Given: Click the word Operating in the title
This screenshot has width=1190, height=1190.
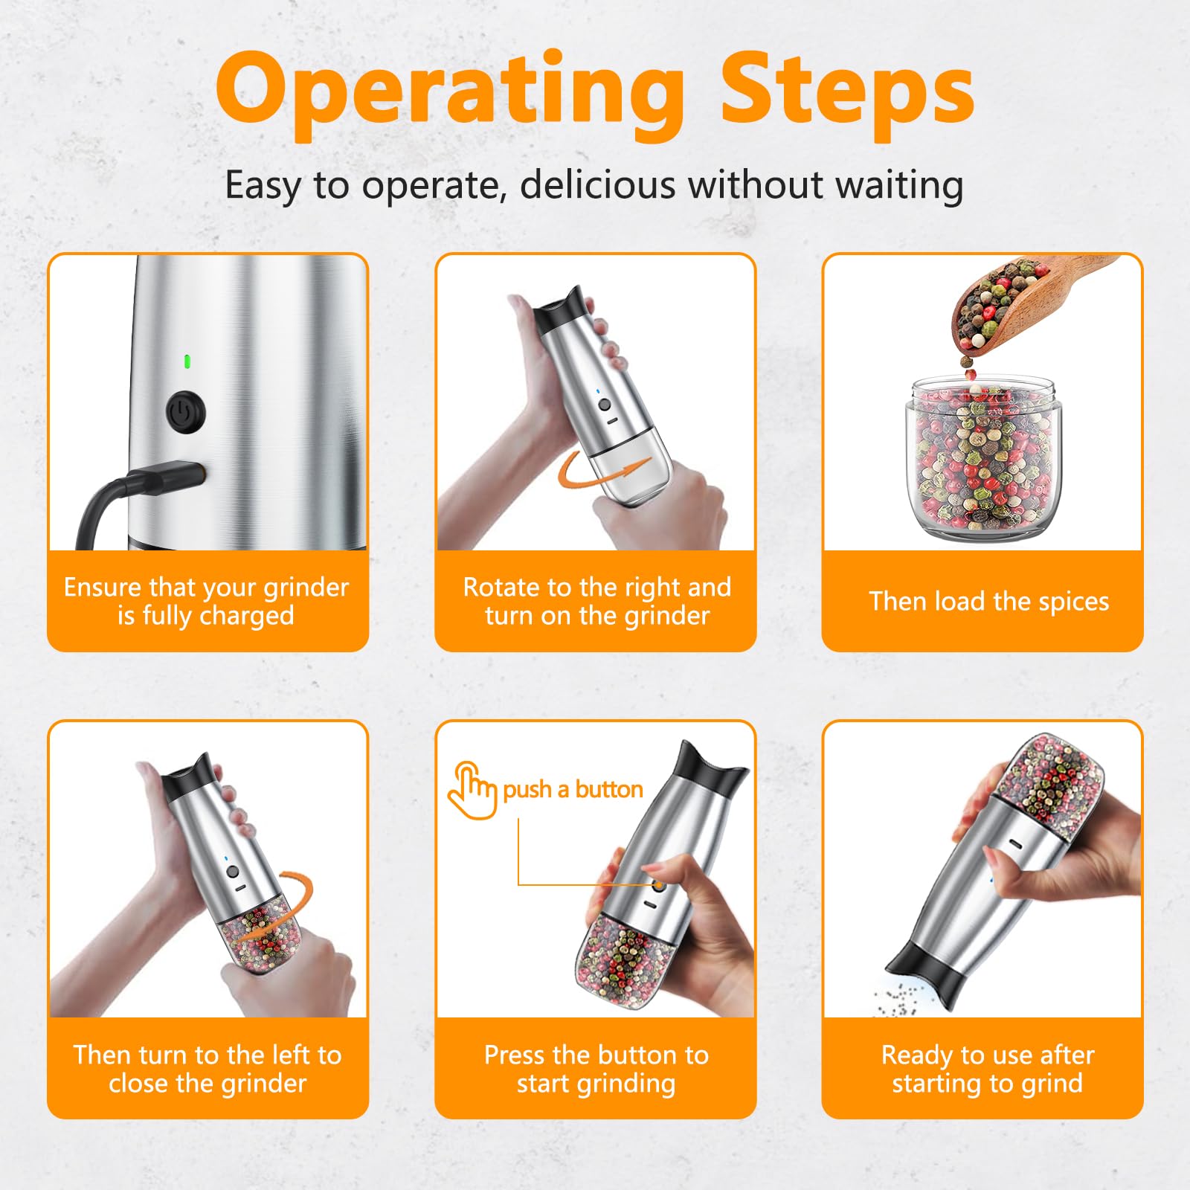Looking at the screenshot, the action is coord(449,94).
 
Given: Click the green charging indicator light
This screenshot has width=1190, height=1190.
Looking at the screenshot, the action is coord(187,362).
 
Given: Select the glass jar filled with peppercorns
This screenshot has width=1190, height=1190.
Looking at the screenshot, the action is coord(983,457).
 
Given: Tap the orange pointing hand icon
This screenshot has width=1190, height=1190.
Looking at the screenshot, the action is coord(472,790).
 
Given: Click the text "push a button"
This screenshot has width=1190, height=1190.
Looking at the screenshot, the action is coord(573,789).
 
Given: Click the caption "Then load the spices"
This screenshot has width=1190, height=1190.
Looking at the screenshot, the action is coord(988,601).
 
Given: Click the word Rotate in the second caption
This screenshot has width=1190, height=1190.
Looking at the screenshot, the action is coord(501,588).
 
